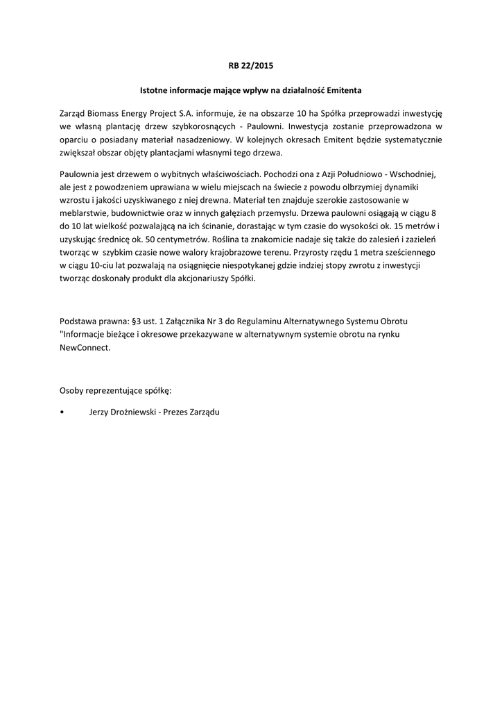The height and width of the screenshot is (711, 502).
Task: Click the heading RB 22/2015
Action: [x=251, y=67]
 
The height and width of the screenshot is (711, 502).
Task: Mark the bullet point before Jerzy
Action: [x=63, y=412]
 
